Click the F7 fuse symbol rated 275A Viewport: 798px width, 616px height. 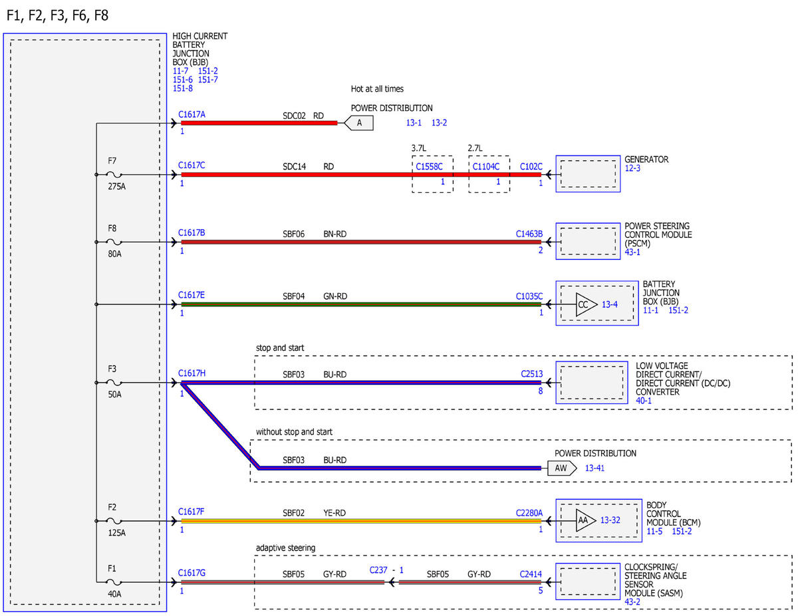[x=114, y=175]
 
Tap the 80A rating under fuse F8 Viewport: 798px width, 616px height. [x=114, y=254]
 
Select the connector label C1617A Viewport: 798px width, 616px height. [x=192, y=114]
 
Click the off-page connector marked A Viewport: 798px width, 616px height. [x=359, y=123]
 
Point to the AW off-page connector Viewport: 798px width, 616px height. [x=562, y=468]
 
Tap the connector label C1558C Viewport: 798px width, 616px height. [x=429, y=167]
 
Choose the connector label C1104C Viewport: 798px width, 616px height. [x=486, y=167]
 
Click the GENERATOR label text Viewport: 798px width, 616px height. [x=646, y=159]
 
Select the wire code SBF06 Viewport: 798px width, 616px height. [x=293, y=234]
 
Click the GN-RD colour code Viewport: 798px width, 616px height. [x=335, y=296]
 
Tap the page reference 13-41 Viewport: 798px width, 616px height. [x=595, y=468]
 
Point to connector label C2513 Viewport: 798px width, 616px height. [x=532, y=374]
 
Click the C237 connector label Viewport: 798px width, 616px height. [x=378, y=570]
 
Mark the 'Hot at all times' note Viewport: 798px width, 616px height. [x=377, y=89]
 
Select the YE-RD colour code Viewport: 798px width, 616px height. [x=334, y=513]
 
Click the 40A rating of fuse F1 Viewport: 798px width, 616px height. [x=114, y=594]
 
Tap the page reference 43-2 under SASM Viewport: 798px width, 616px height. [x=632, y=602]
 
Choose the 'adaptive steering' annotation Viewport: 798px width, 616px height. [x=285, y=548]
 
